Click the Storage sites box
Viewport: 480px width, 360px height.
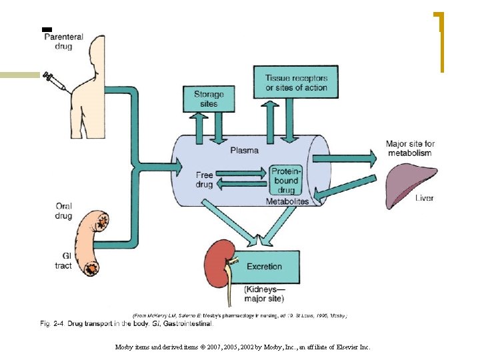click(209, 99)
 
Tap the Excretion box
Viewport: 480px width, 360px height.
click(265, 266)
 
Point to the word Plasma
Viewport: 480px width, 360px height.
click(244, 150)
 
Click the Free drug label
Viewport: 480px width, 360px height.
click(204, 180)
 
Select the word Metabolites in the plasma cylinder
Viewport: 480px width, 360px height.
click(287, 201)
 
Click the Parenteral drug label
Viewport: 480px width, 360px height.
click(63, 42)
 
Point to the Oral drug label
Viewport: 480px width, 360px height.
click(63, 211)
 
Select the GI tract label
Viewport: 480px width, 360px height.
click(63, 261)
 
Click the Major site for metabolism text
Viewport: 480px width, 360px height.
click(410, 148)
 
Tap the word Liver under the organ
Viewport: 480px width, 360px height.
click(425, 198)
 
